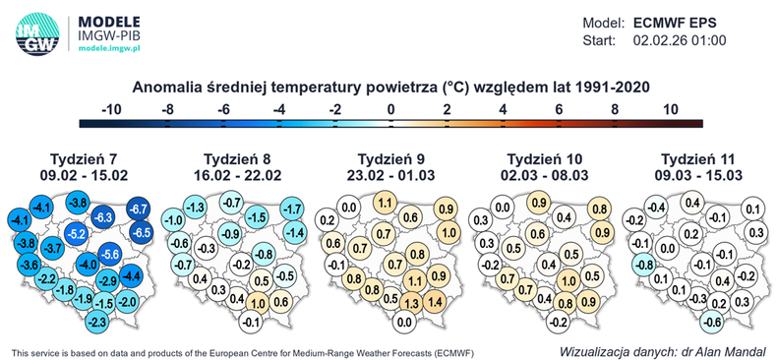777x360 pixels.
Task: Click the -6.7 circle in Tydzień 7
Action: point(138,209)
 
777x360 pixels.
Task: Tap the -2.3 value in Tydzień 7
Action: point(96,322)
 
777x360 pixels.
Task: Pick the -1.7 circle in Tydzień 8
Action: point(291,209)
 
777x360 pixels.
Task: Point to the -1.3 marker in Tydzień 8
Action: point(195,208)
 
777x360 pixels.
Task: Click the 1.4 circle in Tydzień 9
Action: point(436,303)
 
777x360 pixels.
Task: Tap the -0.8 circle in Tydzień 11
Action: point(641,265)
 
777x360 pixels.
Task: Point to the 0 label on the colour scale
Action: point(390,108)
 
